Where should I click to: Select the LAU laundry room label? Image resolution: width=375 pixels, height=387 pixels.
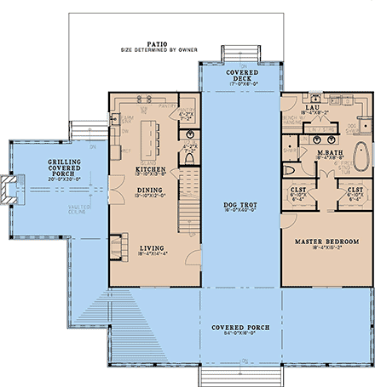click(x=313, y=108)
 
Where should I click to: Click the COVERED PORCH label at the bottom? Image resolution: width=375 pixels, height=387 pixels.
click(x=237, y=327)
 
